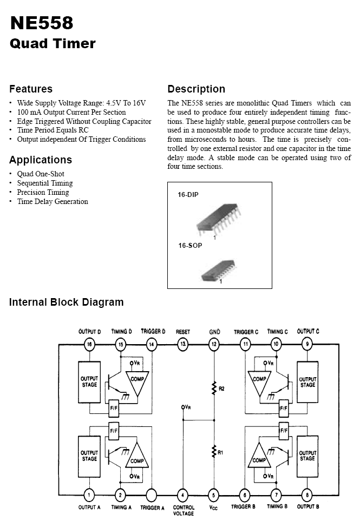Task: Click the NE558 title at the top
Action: (x=42, y=23)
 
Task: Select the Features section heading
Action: (x=31, y=89)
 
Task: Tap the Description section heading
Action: (x=197, y=89)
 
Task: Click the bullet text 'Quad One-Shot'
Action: (x=41, y=174)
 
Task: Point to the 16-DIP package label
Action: (x=188, y=195)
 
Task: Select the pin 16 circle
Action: (x=89, y=344)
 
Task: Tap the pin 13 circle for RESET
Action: (x=182, y=344)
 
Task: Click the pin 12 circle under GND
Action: (x=214, y=344)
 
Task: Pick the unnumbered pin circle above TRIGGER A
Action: (x=152, y=495)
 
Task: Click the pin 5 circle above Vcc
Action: (x=213, y=495)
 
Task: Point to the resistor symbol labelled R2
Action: (x=214, y=388)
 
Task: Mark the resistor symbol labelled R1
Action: (x=214, y=452)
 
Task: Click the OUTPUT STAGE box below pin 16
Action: (x=89, y=382)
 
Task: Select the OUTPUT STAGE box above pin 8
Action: (x=307, y=457)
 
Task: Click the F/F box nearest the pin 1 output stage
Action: (x=114, y=431)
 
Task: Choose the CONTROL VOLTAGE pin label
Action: (x=184, y=510)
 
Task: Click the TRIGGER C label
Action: (x=246, y=332)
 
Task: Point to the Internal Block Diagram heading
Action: (x=66, y=302)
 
